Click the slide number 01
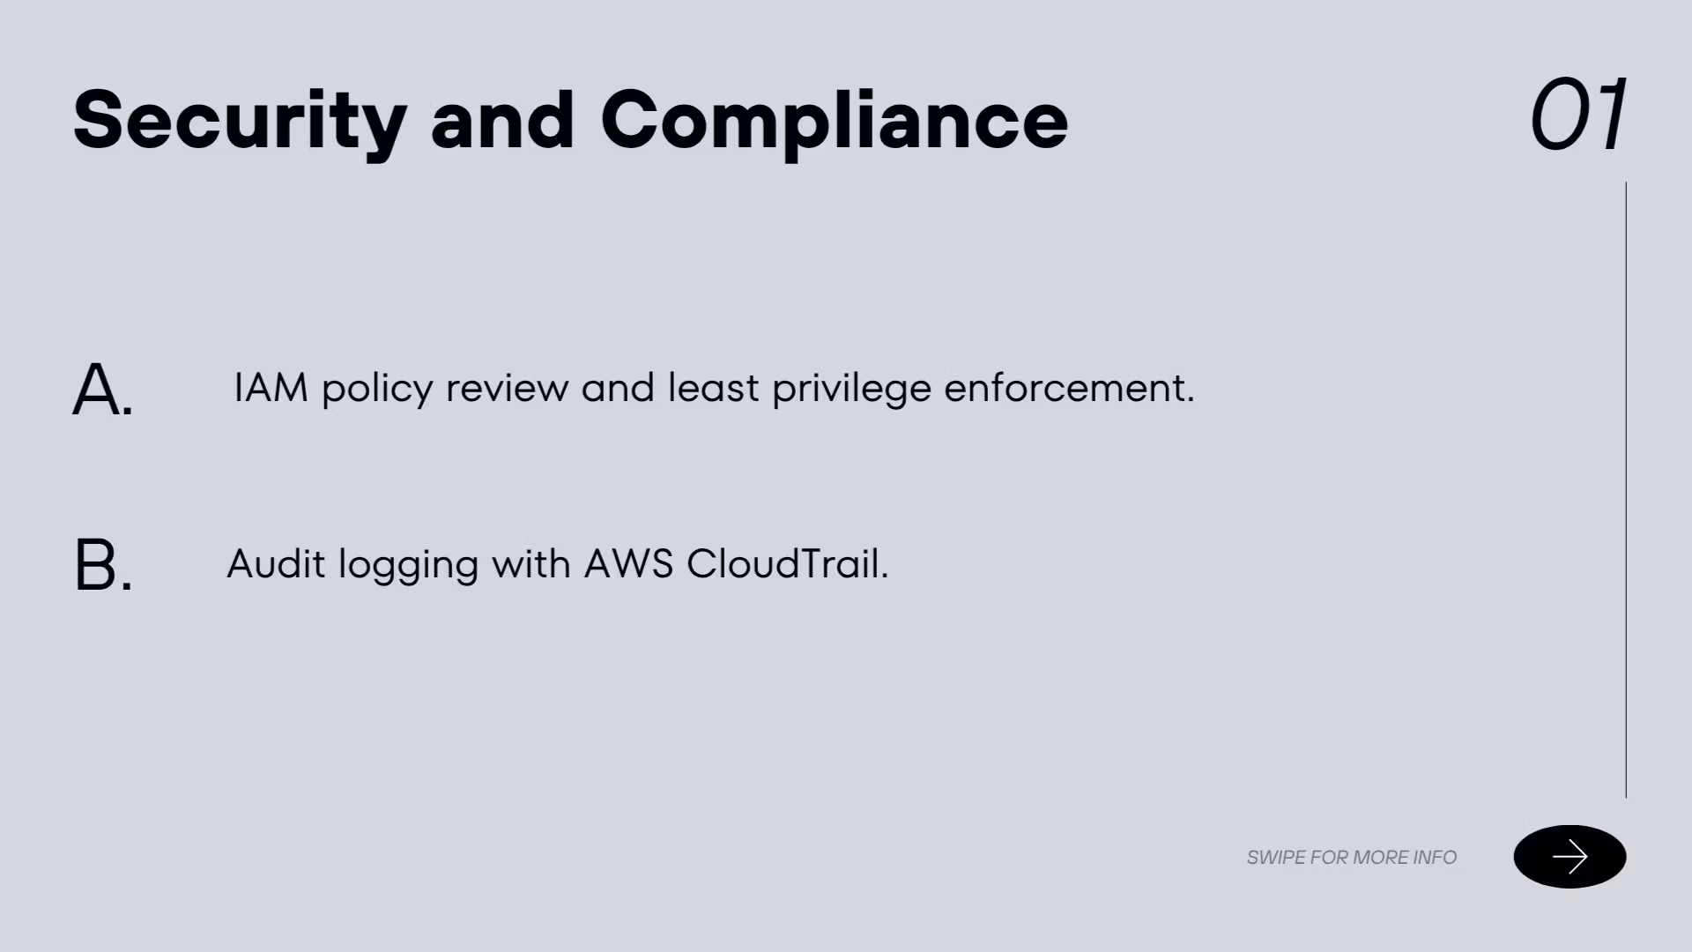click(1578, 115)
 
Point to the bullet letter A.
click(102, 389)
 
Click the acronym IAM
click(271, 388)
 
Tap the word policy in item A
click(377, 390)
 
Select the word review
click(507, 389)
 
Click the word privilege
click(851, 390)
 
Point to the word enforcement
click(1069, 388)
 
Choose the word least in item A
click(713, 387)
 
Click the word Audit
click(276, 564)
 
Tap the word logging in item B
click(409, 566)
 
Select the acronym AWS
click(628, 564)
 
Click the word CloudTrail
click(788, 564)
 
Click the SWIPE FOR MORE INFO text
click(1352, 857)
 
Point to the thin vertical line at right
click(1626, 490)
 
